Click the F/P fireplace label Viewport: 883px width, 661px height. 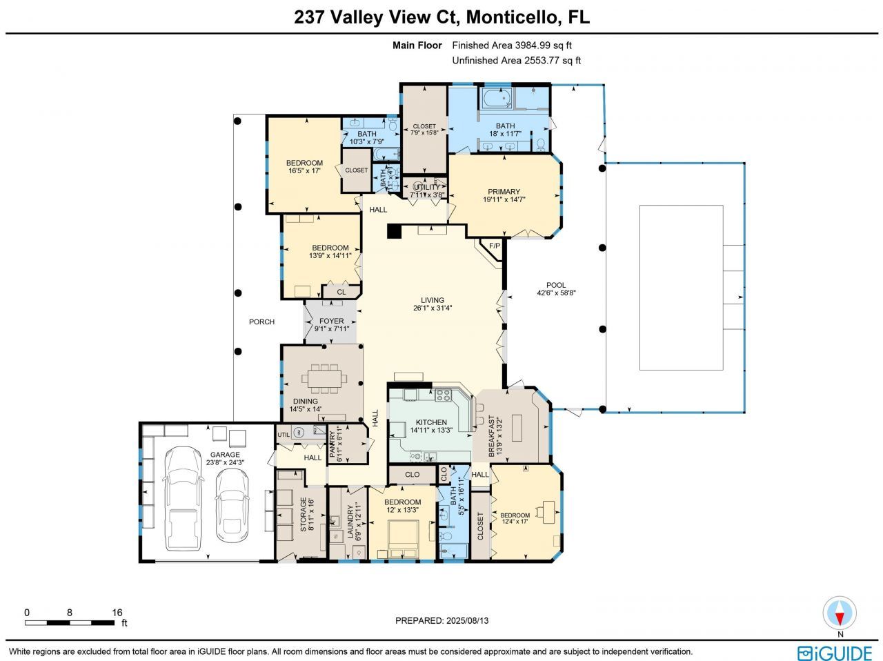[x=494, y=246]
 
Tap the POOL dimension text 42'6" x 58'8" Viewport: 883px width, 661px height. [x=555, y=293]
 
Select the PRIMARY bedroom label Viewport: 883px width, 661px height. [x=504, y=192]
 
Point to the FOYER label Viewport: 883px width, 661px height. [x=331, y=321]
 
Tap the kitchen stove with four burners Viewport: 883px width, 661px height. [x=442, y=396]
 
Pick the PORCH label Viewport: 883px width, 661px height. [x=261, y=322]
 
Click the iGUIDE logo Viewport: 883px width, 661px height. [x=834, y=652]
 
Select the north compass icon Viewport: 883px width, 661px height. [x=840, y=613]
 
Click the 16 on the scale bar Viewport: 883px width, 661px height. [x=117, y=612]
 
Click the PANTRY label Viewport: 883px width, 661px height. [x=333, y=445]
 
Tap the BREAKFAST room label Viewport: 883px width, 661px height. [x=492, y=433]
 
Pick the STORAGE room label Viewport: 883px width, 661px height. [x=303, y=515]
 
